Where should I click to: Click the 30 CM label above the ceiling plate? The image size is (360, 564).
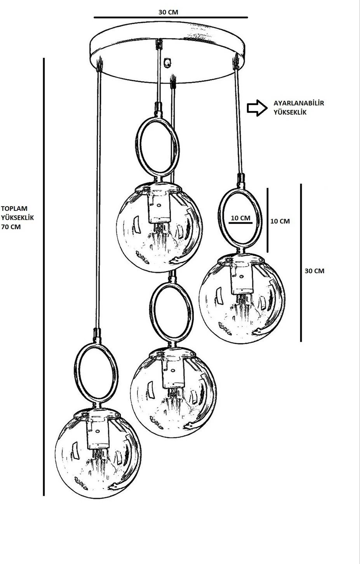168,12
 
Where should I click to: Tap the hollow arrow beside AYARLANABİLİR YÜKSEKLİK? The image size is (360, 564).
255,108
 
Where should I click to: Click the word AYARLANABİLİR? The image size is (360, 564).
299,103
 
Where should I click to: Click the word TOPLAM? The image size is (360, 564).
14,209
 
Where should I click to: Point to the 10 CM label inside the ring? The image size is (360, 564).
240,218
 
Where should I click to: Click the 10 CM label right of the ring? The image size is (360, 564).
280,221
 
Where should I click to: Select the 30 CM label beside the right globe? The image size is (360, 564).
314,271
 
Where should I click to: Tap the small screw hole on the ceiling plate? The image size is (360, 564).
168,61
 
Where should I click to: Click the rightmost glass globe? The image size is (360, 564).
242,297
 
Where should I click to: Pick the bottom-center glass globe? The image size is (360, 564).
173,392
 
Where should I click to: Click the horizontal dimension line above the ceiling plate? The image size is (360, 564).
170,17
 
